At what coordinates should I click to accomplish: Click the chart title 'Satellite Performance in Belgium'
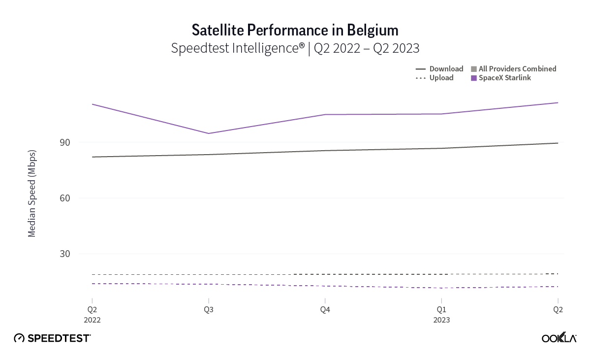click(295, 30)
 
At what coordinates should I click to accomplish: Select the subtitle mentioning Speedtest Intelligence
click(295, 48)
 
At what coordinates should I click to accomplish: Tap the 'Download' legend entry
click(446, 69)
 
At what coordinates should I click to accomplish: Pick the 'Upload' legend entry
click(441, 78)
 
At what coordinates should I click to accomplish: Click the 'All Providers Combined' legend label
click(517, 69)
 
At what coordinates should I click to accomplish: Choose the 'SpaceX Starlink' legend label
click(504, 78)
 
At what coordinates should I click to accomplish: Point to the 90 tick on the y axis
click(79, 143)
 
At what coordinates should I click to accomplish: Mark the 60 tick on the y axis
click(79, 198)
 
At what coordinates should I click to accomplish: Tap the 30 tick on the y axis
click(79, 254)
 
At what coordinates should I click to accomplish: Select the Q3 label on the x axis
click(209, 310)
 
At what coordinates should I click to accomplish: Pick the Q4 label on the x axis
click(325, 310)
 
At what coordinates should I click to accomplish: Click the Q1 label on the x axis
click(441, 310)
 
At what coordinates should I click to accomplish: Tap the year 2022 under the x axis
click(92, 320)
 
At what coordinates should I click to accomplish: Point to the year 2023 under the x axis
click(441, 320)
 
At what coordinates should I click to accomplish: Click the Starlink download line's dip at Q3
click(209, 133)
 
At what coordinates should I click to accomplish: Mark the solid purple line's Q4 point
click(325, 114)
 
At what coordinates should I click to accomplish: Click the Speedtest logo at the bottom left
click(52, 338)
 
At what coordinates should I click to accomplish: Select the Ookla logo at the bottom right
click(559, 338)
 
